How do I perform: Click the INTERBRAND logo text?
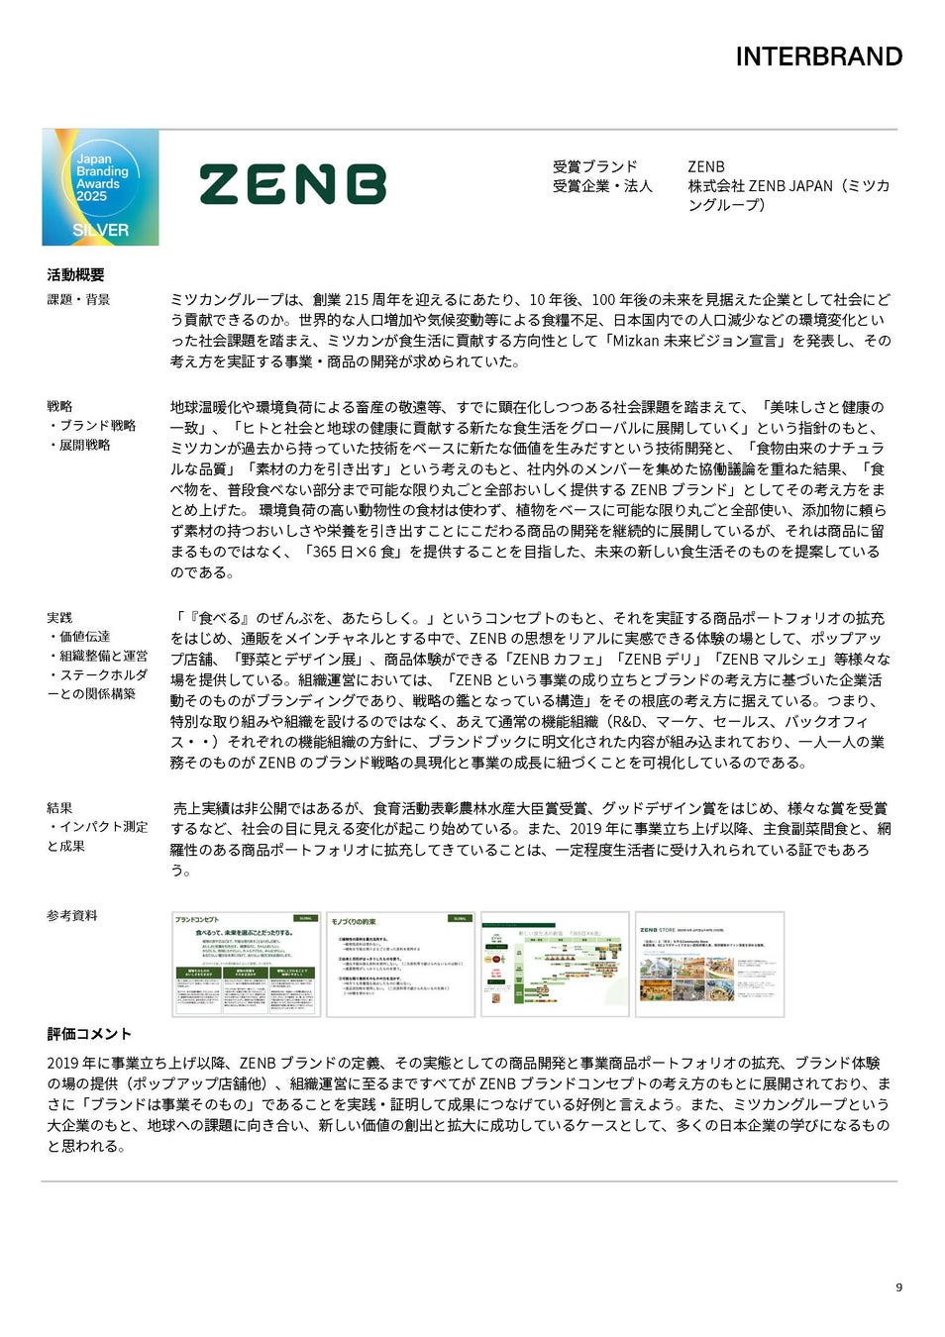click(818, 56)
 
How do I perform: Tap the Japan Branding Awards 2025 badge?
click(100, 187)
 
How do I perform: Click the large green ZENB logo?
click(292, 185)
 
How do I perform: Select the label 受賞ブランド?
click(594, 166)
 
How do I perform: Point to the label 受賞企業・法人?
click(602, 185)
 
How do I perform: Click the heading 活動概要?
click(75, 274)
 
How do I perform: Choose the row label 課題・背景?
click(78, 299)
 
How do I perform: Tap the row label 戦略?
click(59, 406)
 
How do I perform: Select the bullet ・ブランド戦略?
click(91, 425)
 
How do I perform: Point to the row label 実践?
click(59, 617)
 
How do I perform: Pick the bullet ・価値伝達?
click(78, 636)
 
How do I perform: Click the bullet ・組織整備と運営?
click(97, 656)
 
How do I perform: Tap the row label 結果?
click(59, 808)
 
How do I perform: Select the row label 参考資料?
click(72, 915)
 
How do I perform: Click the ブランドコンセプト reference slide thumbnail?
click(246, 964)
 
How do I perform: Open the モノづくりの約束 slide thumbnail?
click(400, 964)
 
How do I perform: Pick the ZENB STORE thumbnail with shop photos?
click(709, 964)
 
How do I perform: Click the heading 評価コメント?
click(89, 1034)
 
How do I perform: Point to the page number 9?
click(898, 1287)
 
